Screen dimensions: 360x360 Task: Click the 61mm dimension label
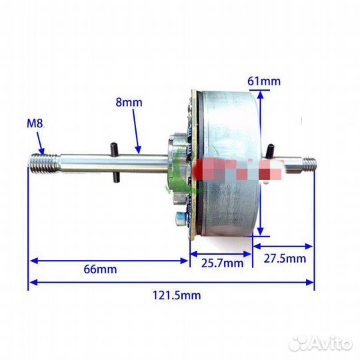coord(264,81)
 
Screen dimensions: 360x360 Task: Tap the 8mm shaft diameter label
coord(129,102)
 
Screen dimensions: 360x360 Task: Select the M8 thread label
coord(35,123)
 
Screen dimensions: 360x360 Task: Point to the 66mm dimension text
coord(100,269)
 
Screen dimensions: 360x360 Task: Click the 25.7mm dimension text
coord(222,263)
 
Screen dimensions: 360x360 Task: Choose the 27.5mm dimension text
coord(285,259)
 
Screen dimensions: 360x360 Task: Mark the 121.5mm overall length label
coord(177,295)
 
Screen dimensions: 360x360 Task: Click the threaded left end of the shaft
coord(43,163)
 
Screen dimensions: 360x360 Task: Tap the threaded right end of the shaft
coord(309,163)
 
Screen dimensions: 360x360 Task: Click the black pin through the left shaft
coord(114,162)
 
